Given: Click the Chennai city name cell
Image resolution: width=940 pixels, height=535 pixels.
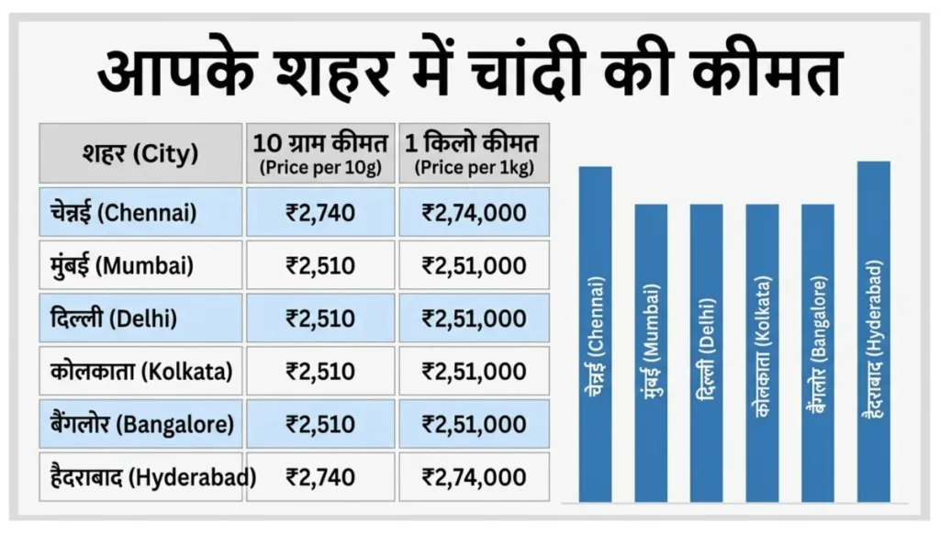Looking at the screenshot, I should click(x=140, y=213).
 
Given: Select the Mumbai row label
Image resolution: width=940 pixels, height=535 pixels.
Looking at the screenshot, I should click(x=140, y=266).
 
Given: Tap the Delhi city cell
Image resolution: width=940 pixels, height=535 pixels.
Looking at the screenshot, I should click(x=140, y=318).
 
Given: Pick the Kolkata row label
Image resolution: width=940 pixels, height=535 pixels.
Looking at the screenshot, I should click(x=140, y=372).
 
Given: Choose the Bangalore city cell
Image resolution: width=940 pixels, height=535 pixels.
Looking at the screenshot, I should click(x=140, y=424).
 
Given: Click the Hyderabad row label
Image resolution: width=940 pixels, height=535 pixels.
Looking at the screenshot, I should click(x=140, y=477).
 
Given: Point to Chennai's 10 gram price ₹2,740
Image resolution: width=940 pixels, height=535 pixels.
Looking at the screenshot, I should click(x=320, y=213).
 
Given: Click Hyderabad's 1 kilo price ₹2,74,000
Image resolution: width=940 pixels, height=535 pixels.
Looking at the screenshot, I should click(x=474, y=477).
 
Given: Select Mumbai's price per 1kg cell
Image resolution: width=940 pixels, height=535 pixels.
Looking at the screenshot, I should click(x=474, y=266).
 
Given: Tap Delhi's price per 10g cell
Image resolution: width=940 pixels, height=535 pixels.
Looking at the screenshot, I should click(x=320, y=318).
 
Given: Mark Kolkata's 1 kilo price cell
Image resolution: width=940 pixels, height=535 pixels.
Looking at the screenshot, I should click(x=474, y=372).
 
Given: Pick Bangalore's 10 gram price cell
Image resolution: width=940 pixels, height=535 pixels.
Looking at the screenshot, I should click(x=320, y=424).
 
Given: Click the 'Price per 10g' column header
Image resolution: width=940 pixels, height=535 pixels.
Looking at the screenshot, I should click(x=320, y=153).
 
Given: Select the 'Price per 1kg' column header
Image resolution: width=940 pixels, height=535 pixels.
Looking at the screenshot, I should click(x=474, y=153).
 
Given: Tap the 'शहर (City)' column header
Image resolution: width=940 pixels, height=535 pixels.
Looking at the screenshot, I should click(x=140, y=153).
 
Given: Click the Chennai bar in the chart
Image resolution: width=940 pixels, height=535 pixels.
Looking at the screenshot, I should click(x=595, y=334).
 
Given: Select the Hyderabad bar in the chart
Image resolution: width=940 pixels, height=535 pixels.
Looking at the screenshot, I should click(x=873, y=331).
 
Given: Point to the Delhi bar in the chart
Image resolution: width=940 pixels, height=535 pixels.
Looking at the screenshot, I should click(x=706, y=352).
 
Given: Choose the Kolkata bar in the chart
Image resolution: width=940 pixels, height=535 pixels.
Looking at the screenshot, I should click(x=762, y=352).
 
